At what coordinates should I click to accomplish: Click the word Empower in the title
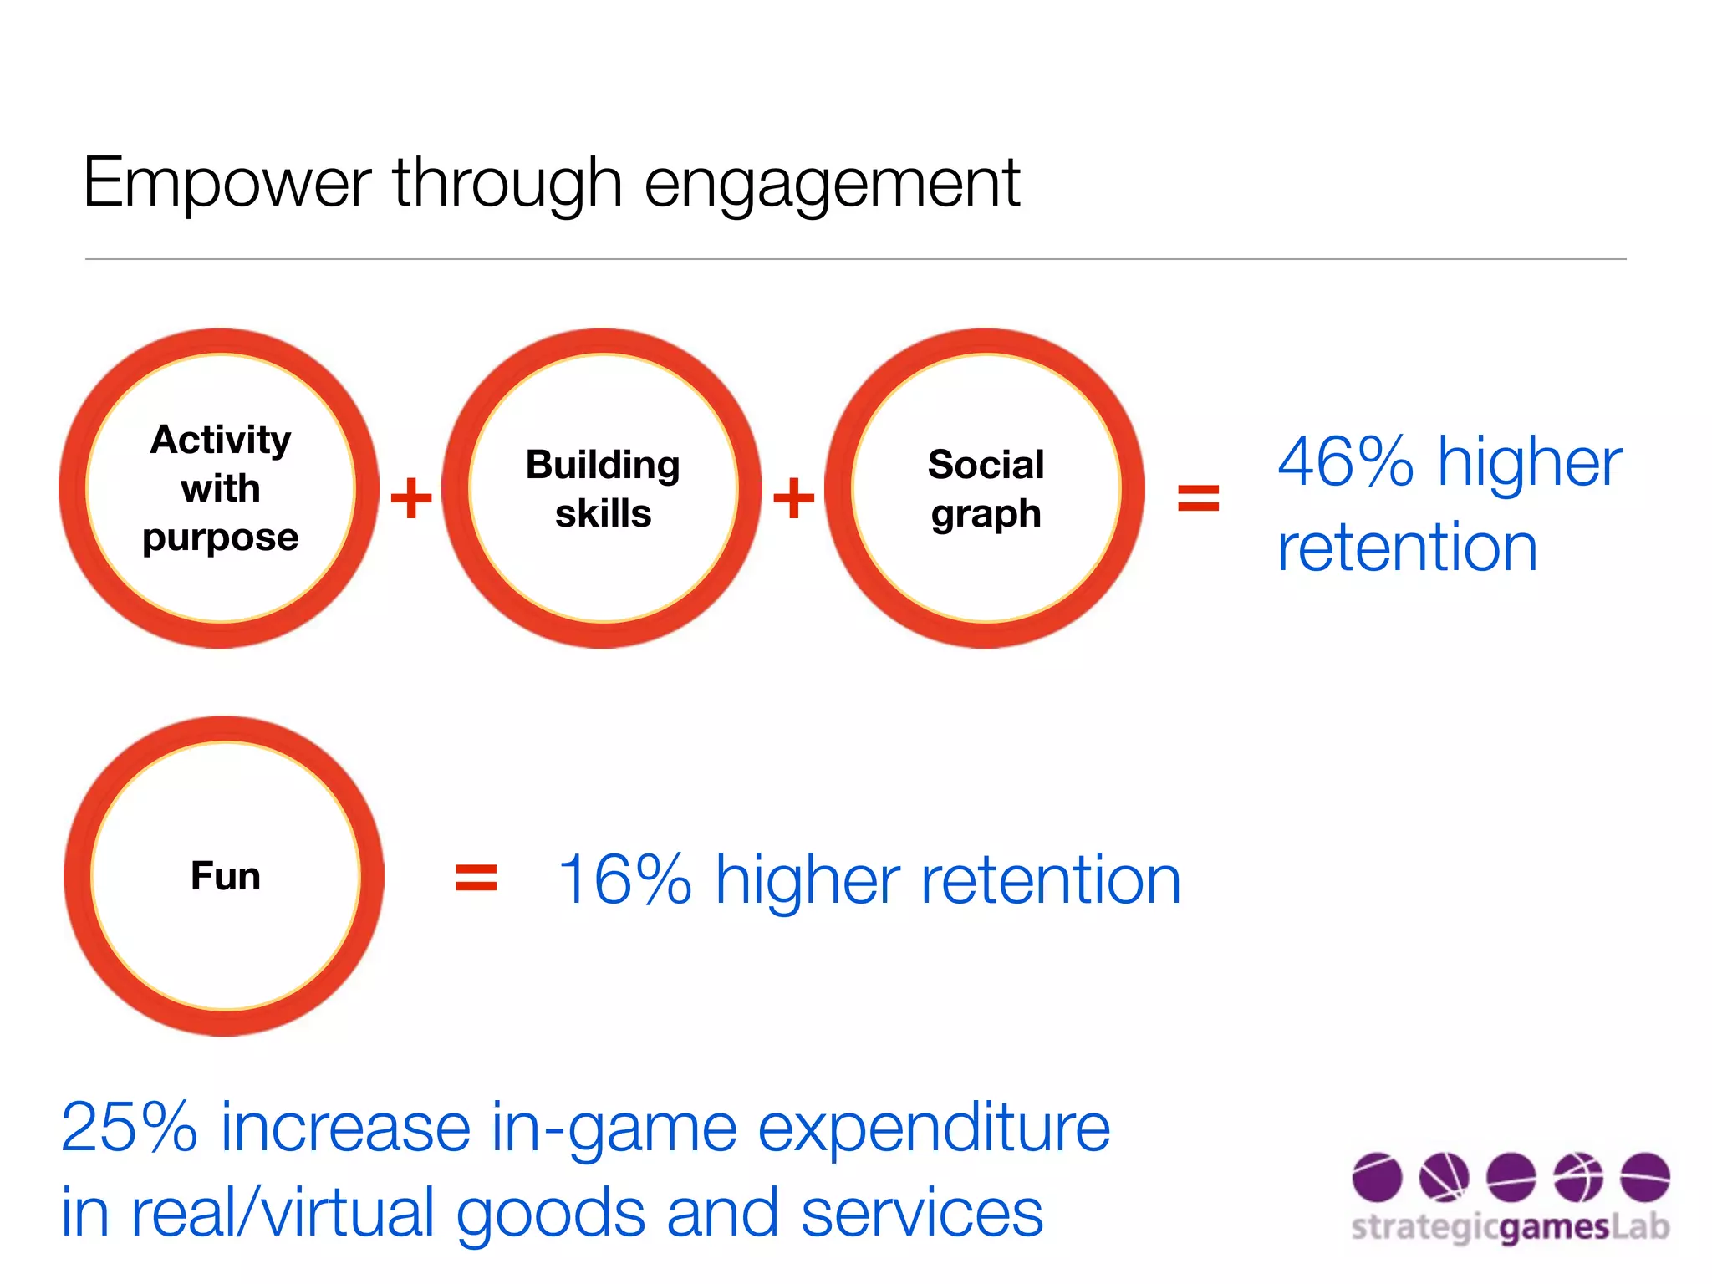coord(227,184)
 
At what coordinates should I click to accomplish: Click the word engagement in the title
coord(832,186)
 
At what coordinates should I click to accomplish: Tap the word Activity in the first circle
coord(221,441)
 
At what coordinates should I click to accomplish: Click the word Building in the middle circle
coord(603,466)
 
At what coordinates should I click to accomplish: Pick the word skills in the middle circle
coord(603,513)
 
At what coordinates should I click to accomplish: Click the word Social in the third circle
coord(986,465)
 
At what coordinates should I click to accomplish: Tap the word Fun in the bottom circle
coord(225,876)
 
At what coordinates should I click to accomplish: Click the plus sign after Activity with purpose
coord(411,498)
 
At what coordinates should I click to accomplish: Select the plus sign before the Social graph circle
coord(793,498)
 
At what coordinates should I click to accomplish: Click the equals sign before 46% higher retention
coord(1198,498)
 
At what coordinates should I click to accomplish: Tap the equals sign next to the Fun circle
coord(476,879)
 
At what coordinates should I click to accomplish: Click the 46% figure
coord(1346,462)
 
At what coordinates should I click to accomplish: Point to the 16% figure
coord(624,880)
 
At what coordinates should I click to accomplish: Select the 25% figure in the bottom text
coord(130,1128)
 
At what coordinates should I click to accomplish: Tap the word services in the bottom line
coord(922,1214)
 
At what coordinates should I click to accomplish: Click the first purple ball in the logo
coord(1377,1177)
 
